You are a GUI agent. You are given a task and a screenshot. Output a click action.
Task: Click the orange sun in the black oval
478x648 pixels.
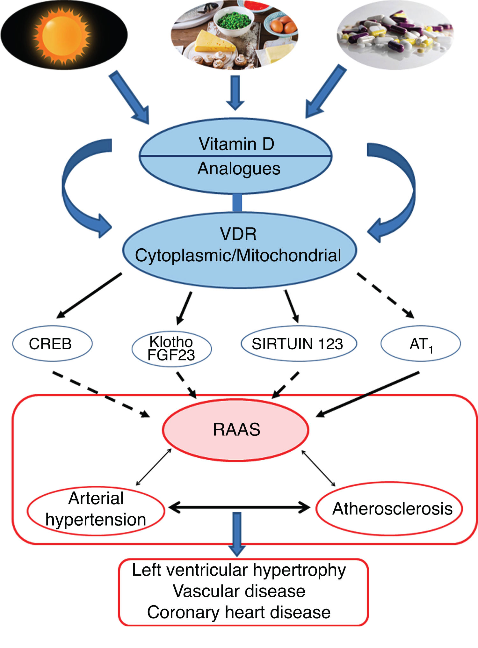tap(62, 35)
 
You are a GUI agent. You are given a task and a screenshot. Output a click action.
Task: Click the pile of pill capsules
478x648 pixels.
tap(395, 35)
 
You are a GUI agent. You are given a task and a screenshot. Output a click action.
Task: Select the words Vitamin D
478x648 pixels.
tap(236, 144)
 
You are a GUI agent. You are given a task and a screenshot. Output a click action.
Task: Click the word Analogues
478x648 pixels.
tap(239, 169)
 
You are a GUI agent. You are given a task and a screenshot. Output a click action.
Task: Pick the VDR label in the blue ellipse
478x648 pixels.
tap(238, 234)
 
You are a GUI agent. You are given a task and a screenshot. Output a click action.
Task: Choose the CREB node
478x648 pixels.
tap(51, 344)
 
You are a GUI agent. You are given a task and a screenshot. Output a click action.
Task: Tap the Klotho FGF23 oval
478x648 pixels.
tap(171, 348)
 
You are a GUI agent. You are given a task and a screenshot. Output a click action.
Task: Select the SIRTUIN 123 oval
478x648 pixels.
tap(298, 344)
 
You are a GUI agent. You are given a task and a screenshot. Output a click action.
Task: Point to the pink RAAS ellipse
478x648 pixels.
tap(236, 429)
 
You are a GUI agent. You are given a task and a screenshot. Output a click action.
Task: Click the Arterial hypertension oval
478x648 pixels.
tap(96, 509)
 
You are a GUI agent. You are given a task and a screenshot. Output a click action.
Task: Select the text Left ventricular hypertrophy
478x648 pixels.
tap(239, 570)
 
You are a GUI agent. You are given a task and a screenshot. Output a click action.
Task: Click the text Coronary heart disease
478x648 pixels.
tap(239, 612)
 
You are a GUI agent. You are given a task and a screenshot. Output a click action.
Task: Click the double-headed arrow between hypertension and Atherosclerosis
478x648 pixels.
tap(239, 507)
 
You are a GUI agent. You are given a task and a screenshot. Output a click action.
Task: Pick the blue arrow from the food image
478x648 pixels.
tap(235, 92)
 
